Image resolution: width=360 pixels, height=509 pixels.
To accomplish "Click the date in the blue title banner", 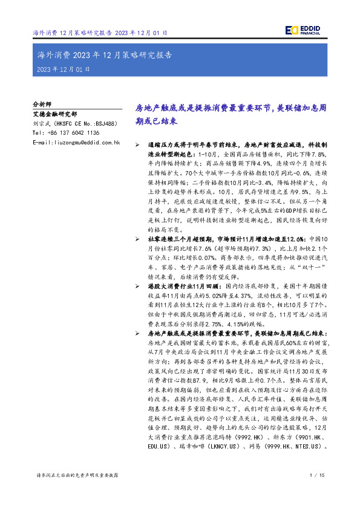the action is click(x=64, y=70).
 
